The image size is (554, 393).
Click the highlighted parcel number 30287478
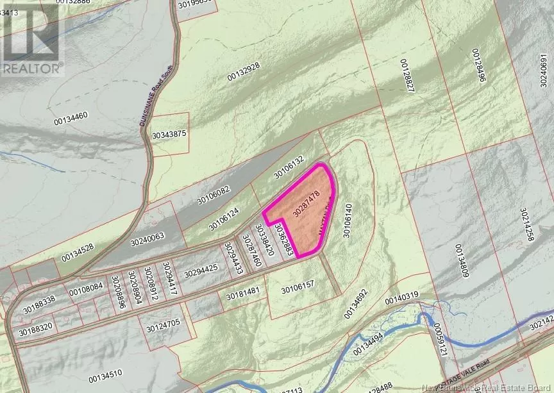[306, 203]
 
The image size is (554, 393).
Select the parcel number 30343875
[169, 134]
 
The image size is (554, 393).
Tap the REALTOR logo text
[31, 66]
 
